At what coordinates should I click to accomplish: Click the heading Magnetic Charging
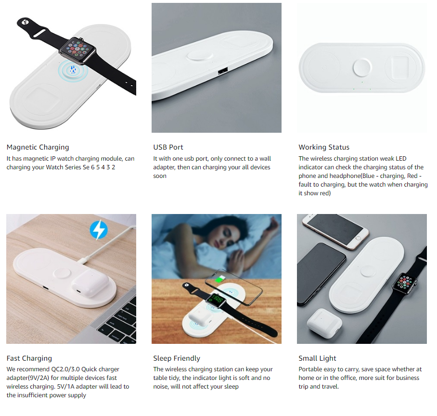[x=38, y=147]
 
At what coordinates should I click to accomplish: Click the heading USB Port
[x=168, y=147]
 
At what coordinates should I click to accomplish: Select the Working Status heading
[x=324, y=147]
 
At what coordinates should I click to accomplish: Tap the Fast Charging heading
[x=29, y=358]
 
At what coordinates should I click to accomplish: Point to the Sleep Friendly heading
[x=177, y=358]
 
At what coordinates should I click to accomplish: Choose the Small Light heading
[x=317, y=358]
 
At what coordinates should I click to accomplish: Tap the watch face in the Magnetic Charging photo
[x=79, y=50]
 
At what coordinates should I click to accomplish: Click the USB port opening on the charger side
[x=222, y=72]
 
